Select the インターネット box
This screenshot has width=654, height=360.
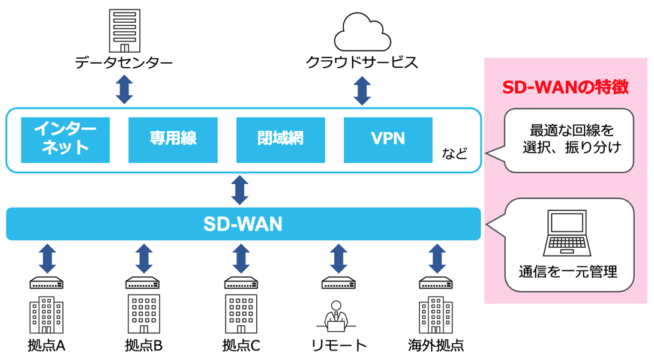tap(65, 139)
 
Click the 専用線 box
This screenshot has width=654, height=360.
tap(173, 139)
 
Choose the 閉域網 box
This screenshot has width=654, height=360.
tap(280, 139)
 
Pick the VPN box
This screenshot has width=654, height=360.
tap(388, 139)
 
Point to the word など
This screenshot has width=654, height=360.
tap(454, 154)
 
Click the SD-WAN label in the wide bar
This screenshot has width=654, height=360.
tap(242, 224)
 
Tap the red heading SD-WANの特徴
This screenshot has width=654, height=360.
tap(565, 88)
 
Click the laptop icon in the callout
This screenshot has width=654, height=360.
tap(568, 235)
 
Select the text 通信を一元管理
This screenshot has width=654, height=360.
tap(568, 272)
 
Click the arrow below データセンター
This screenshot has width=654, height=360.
tap(124, 90)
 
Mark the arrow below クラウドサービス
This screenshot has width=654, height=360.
tap(362, 90)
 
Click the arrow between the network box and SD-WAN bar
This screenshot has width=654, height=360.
tap(241, 190)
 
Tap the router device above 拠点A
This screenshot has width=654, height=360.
tap(46, 282)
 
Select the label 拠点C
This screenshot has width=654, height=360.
tap(241, 346)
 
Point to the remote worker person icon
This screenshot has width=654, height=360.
tap(335, 316)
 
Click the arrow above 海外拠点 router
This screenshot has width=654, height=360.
tap(436, 258)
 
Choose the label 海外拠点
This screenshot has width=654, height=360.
tap(436, 346)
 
